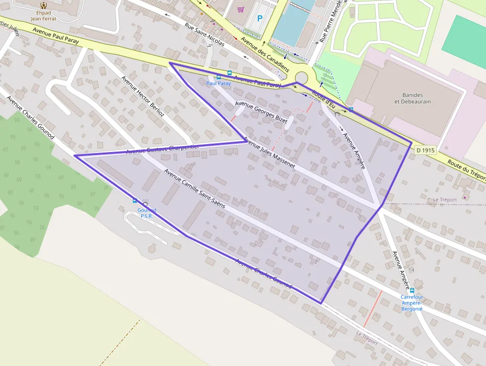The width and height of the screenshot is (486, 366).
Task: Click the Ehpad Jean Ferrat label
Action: pos(43,15)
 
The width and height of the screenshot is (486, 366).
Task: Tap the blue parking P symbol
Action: pos(260,19)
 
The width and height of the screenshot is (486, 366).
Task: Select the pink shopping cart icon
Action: pos(241,9)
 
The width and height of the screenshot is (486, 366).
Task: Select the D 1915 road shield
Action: pos(425,149)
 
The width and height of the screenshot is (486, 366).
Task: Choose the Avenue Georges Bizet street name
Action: pos(261,112)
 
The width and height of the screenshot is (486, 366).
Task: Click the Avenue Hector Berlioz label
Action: pos(143,96)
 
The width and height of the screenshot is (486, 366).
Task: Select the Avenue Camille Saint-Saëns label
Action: pos(195,189)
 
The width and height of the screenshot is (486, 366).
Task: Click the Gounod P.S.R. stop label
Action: pos(147,213)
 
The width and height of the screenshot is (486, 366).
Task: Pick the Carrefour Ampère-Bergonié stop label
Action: pos(412,302)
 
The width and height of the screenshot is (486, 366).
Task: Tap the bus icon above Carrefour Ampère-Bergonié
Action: pos(412,291)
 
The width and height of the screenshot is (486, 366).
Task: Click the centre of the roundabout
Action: pos(301,77)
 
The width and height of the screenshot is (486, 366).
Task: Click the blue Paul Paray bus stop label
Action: pos(218,83)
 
